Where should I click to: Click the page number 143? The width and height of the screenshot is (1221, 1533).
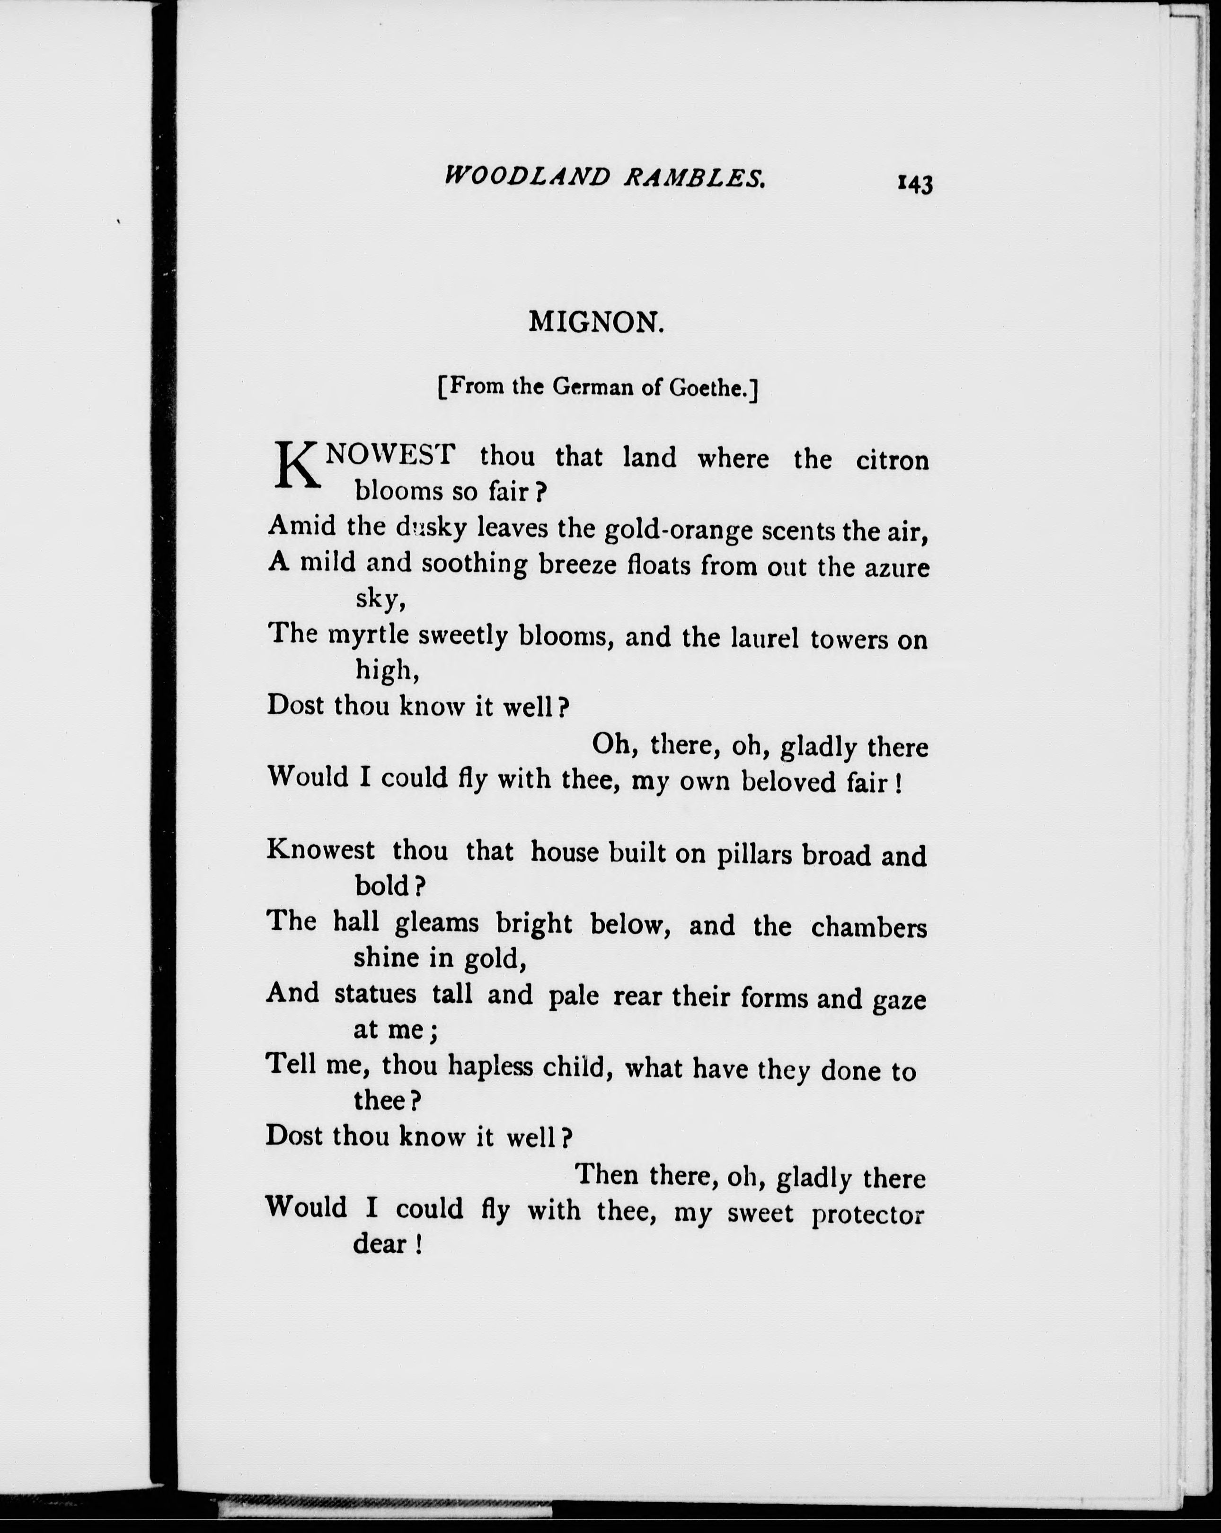click(915, 184)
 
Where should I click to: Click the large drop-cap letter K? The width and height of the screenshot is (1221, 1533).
click(294, 466)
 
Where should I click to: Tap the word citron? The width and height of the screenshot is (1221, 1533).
click(893, 461)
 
